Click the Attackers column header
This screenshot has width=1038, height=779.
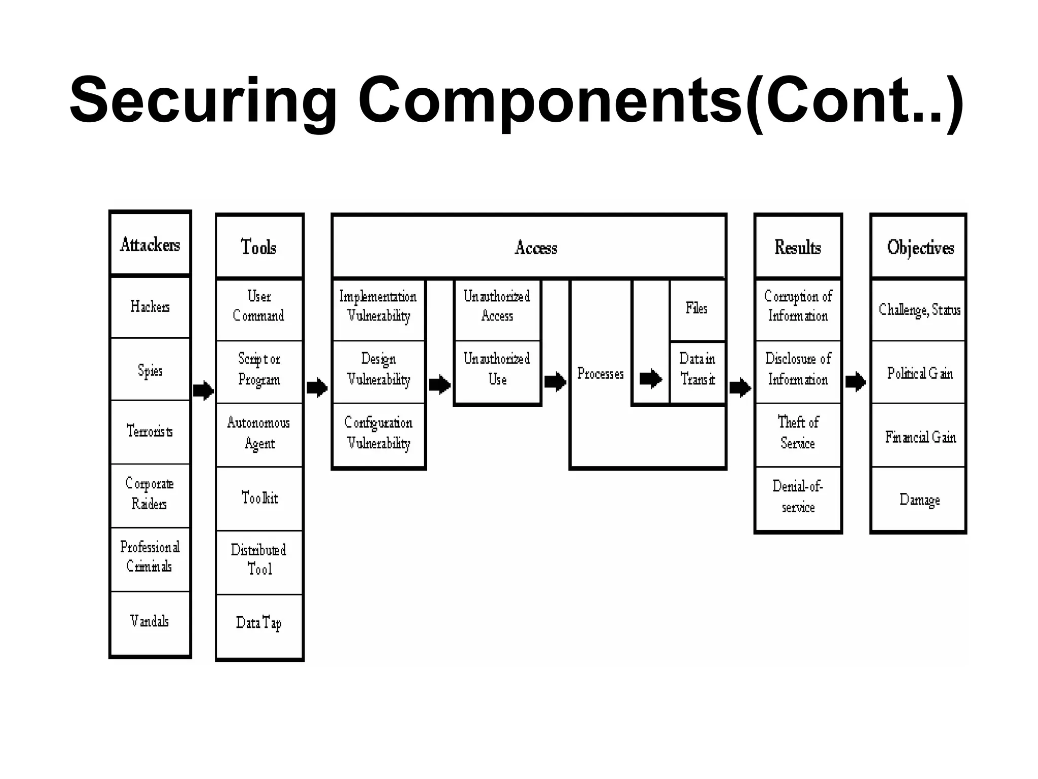(x=150, y=244)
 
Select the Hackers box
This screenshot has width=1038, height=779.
(x=150, y=307)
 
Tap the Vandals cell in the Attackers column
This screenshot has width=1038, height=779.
(x=150, y=621)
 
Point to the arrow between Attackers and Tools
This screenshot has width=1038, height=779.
(x=203, y=390)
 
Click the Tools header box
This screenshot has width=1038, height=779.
(x=259, y=247)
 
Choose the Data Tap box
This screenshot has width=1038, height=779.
(x=259, y=623)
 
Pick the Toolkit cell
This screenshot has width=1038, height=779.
(x=259, y=498)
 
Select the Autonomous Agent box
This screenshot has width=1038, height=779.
(x=259, y=434)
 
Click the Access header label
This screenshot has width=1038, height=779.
(x=536, y=247)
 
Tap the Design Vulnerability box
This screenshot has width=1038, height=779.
(x=379, y=370)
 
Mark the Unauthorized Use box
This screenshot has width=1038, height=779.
(x=497, y=370)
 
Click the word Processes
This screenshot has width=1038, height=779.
(x=600, y=374)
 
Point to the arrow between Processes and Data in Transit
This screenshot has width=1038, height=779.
(x=651, y=379)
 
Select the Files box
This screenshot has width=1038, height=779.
(x=697, y=308)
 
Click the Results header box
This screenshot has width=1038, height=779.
(x=798, y=247)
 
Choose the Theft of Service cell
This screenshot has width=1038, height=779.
(x=798, y=434)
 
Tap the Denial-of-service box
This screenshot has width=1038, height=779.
(x=798, y=497)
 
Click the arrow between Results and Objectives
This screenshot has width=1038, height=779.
(x=856, y=381)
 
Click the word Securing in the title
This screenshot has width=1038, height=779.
(x=203, y=100)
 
